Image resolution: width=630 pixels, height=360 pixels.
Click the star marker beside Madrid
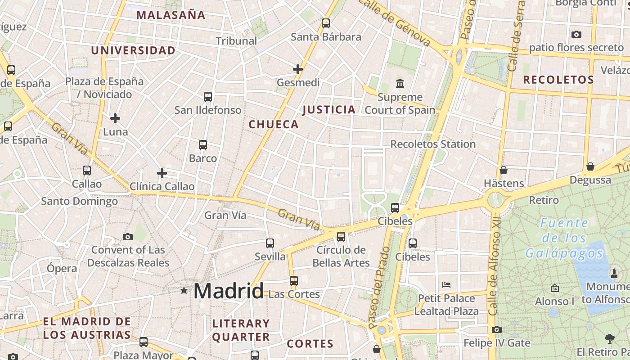[184, 291]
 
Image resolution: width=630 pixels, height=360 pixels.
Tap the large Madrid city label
[229, 292]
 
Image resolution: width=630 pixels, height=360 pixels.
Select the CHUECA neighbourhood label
[274, 125]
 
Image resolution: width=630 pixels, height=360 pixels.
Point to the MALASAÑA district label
[171, 15]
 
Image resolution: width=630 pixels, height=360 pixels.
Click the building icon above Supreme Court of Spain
[400, 83]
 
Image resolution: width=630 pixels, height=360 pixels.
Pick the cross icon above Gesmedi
[298, 69]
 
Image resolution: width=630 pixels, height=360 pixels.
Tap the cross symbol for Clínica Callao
[162, 173]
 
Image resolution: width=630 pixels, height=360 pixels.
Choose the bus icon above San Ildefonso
[207, 96]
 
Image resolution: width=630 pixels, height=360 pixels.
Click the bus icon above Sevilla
[270, 243]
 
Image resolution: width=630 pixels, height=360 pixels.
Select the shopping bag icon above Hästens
[504, 170]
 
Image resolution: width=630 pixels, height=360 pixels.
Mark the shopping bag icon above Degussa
[590, 167]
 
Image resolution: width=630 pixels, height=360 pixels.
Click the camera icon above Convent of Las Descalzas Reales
[128, 237]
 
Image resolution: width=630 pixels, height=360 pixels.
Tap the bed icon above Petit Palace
[446, 285]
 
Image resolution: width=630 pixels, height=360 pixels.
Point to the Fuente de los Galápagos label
[564, 238]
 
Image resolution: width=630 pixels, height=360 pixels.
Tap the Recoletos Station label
[433, 144]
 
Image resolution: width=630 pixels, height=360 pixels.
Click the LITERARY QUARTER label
[241, 330]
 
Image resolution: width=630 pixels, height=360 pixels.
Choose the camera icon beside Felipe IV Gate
[497, 330]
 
